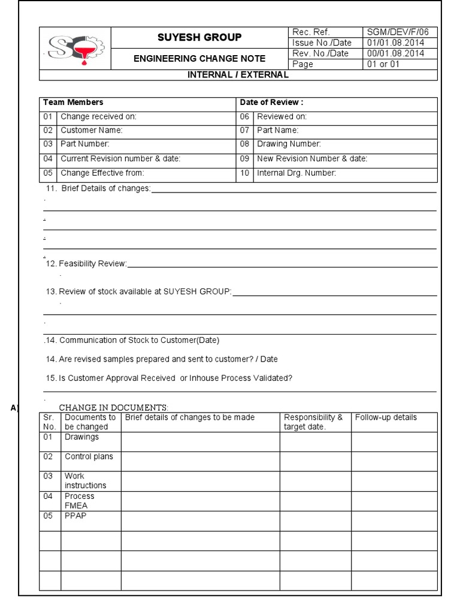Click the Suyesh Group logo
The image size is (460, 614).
pyautogui.click(x=75, y=49)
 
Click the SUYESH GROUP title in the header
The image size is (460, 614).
pyautogui.click(x=199, y=37)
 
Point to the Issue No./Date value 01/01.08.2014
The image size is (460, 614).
pyautogui.click(x=396, y=43)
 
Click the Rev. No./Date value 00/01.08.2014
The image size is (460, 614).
pyautogui.click(x=396, y=53)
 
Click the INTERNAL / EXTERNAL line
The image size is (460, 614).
pyautogui.click(x=238, y=75)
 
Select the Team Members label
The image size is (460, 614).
pyautogui.click(x=73, y=103)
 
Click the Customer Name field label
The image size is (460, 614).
pyautogui.click(x=91, y=130)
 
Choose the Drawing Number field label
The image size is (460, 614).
pyautogui.click(x=289, y=144)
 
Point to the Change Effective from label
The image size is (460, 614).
pyautogui.click(x=102, y=173)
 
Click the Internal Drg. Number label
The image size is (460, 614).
pyautogui.click(x=296, y=173)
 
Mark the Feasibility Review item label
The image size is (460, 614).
pyautogui.click(x=92, y=263)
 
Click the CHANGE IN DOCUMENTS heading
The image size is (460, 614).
pyautogui.click(x=113, y=408)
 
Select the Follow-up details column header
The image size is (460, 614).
pyautogui.click(x=386, y=417)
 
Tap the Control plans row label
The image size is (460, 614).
pyautogui.click(x=89, y=456)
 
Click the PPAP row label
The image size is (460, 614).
pyautogui.click(x=75, y=516)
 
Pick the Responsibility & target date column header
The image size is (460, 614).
pyautogui.click(x=313, y=422)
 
